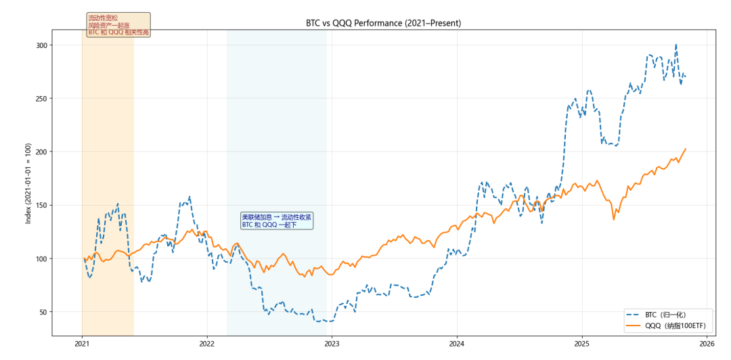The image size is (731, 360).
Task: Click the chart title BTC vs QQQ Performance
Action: [383, 23]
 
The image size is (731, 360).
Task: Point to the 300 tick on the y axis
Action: [43, 45]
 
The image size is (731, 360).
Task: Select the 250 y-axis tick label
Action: [43, 99]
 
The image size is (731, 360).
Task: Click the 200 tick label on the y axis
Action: [43, 152]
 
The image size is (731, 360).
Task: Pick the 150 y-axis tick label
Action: [43, 205]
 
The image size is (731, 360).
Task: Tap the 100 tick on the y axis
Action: [43, 258]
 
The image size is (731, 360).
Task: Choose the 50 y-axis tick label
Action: [45, 312]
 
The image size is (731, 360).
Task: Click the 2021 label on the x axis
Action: [82, 344]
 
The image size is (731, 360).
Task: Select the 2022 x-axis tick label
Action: [206, 344]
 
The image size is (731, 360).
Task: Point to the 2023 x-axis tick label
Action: [332, 344]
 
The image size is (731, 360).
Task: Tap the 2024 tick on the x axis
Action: [457, 344]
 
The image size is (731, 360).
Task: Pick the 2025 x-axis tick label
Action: [581, 344]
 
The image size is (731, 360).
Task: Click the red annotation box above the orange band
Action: [118, 25]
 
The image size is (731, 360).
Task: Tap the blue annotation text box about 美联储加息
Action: [276, 221]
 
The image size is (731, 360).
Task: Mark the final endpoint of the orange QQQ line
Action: [686, 149]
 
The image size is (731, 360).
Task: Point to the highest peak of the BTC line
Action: [675, 45]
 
